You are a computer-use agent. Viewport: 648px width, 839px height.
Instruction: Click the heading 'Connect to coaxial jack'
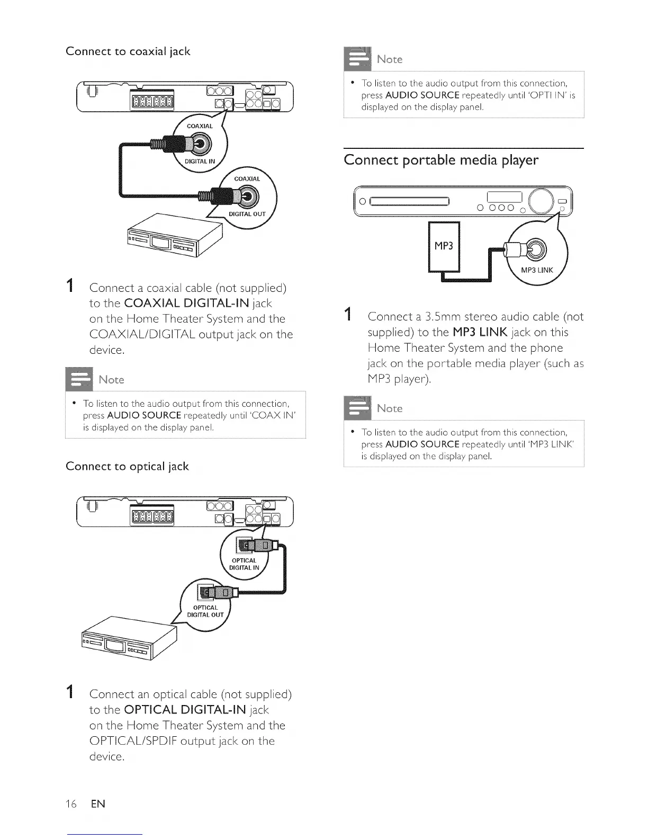128,52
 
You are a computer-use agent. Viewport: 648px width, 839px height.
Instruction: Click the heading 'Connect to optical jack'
127,467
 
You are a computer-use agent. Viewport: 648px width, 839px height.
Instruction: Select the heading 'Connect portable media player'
441,160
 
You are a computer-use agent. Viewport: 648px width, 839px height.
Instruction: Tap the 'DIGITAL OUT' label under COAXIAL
247,215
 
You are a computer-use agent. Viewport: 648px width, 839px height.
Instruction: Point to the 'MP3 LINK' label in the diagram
537,270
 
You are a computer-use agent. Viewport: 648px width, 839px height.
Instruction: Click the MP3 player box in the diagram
444,246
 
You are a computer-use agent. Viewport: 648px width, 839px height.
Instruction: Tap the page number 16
71,804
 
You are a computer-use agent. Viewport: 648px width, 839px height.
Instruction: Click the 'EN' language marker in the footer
98,804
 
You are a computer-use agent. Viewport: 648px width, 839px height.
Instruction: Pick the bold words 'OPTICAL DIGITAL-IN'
185,710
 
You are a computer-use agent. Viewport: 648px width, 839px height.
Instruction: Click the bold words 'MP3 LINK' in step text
480,333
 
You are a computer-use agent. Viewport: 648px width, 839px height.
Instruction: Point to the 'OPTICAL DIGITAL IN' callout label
244,564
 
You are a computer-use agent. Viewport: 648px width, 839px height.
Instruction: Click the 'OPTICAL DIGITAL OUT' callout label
205,611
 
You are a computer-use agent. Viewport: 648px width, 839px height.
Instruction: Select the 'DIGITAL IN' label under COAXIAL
200,162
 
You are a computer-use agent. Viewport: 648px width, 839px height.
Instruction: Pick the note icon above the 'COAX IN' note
78,378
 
